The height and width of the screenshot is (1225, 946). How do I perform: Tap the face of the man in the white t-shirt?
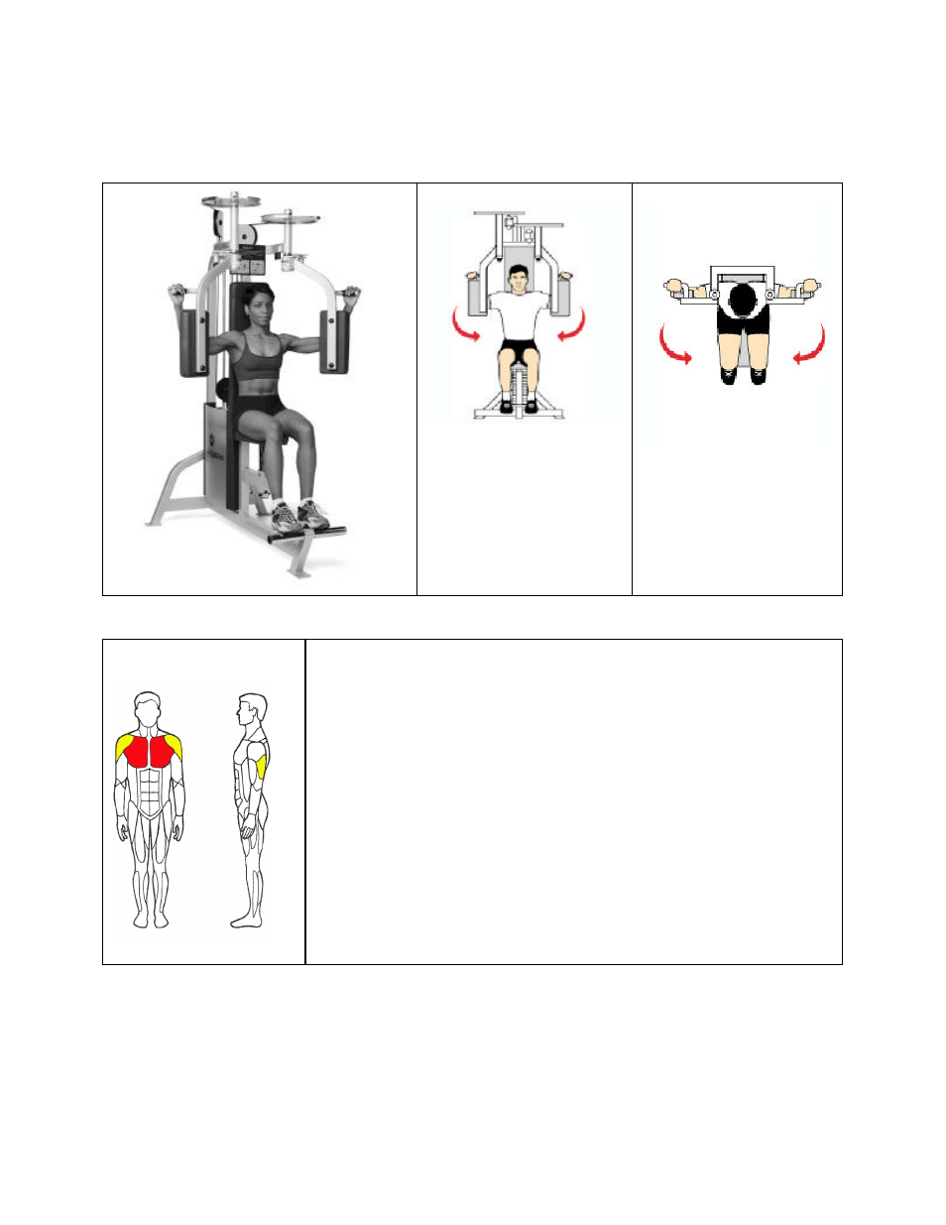coord(517,279)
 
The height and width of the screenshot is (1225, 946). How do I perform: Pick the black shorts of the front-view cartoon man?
coord(517,350)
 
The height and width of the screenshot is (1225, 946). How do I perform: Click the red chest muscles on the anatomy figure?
coord(149,752)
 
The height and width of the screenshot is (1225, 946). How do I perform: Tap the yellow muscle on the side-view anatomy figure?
coord(261,767)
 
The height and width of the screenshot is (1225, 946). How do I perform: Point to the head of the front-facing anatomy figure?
coord(148,708)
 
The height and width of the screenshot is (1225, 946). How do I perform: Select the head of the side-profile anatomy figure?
coord(253,708)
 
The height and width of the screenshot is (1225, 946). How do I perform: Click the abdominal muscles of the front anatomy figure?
coord(149,792)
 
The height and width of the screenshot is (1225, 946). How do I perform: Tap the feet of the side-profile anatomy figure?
coord(247,921)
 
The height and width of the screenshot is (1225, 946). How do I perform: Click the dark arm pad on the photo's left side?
coord(191,342)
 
